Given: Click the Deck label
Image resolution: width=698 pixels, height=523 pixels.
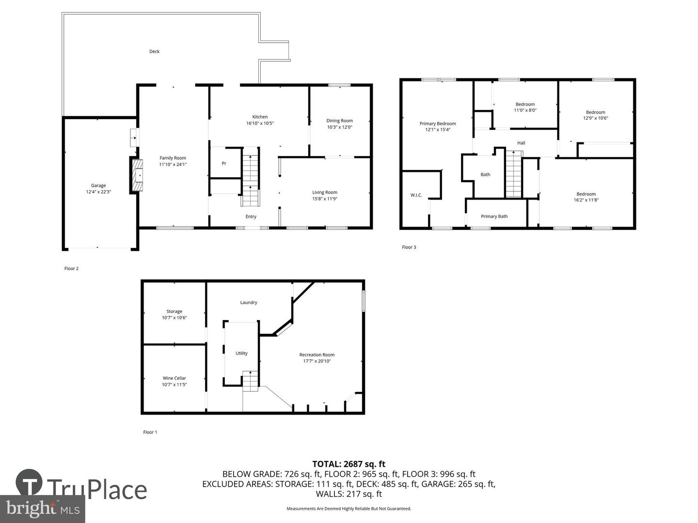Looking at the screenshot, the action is [x=154, y=51].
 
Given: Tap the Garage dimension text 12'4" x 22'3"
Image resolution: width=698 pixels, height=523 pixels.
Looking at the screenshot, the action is [x=98, y=192].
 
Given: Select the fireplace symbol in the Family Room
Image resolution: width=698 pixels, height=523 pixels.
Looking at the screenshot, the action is [x=136, y=175].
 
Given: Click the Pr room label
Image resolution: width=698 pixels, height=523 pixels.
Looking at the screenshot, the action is [x=224, y=163].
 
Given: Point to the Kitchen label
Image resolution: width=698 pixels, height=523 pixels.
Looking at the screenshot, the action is [x=260, y=117].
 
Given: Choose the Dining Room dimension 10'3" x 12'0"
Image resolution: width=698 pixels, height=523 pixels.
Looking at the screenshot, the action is [x=340, y=127].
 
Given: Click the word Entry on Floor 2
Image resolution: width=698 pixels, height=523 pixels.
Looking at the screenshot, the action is [x=251, y=216].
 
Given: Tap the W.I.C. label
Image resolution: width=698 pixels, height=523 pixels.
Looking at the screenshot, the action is [x=416, y=195].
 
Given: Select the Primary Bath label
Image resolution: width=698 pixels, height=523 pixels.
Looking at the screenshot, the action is [x=494, y=216].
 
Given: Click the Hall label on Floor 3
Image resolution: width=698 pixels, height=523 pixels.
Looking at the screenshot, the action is [x=521, y=143].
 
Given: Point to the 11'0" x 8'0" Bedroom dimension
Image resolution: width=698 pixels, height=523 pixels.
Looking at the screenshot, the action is [x=525, y=110].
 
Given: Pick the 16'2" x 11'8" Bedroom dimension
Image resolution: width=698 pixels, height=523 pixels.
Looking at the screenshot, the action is [x=586, y=200].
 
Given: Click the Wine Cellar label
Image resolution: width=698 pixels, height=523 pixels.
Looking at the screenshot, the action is [x=174, y=378].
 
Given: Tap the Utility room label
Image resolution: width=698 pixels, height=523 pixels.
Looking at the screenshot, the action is [x=241, y=353].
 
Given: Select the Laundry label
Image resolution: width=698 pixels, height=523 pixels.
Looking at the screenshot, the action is [x=248, y=302].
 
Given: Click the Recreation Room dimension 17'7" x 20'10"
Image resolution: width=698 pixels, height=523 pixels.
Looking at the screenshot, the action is [x=317, y=361].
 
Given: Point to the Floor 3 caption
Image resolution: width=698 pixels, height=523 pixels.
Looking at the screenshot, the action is [x=409, y=247].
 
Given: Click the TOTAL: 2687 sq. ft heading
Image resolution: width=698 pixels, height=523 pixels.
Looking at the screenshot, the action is [x=349, y=464].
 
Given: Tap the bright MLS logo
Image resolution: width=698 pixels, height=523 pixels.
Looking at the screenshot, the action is [x=42, y=508].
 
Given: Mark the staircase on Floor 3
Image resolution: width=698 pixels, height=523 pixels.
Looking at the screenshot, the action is [x=513, y=174].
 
